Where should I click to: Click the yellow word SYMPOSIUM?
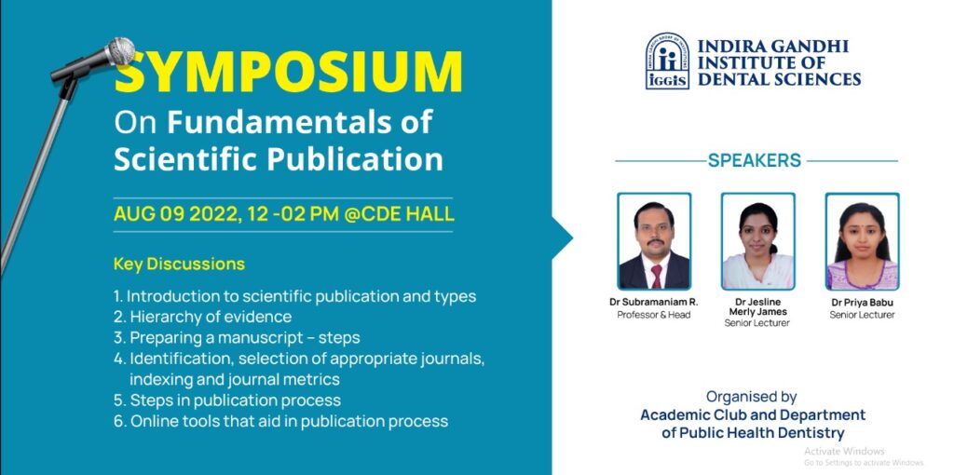[289, 73]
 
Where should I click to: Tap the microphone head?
[120, 51]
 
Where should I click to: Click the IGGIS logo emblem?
[667, 61]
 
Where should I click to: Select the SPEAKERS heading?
[755, 160]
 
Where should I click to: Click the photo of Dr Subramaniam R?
[654, 241]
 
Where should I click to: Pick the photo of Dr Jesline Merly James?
[757, 241]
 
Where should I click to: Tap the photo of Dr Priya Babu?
[862, 241]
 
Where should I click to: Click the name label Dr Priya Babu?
[862, 303]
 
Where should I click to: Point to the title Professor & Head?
[653, 315]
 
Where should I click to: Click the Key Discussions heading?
[179, 264]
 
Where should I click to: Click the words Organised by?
[752, 397]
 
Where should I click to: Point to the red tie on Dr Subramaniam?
[657, 276]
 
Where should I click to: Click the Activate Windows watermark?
[844, 452]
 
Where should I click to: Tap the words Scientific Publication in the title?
[278, 160]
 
